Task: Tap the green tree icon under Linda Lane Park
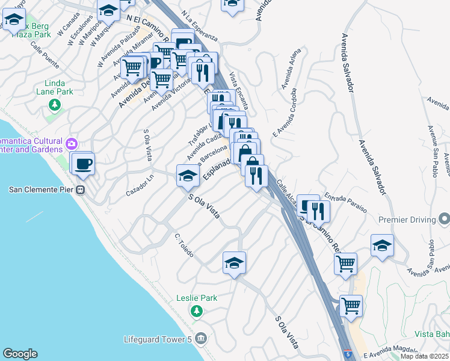click(x=55, y=105)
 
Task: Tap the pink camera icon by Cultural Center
click(x=72, y=144)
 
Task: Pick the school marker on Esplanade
click(x=188, y=176)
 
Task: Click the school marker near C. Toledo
click(x=234, y=263)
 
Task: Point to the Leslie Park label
click(x=197, y=298)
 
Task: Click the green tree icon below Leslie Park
click(x=196, y=311)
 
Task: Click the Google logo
click(x=20, y=354)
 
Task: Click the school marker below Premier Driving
click(x=382, y=245)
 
